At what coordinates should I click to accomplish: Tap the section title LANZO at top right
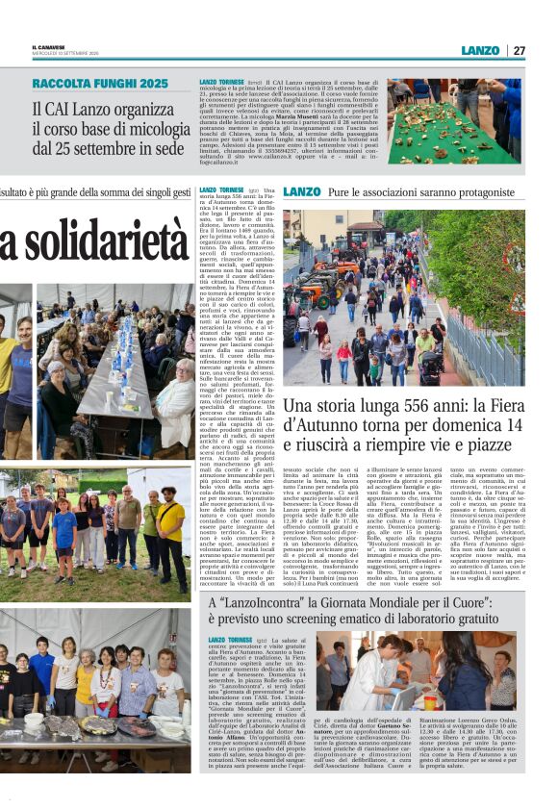[x=479, y=50]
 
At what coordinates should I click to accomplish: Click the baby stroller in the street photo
[x=431, y=365]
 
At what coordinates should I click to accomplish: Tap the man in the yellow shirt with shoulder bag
[x=171, y=529]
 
